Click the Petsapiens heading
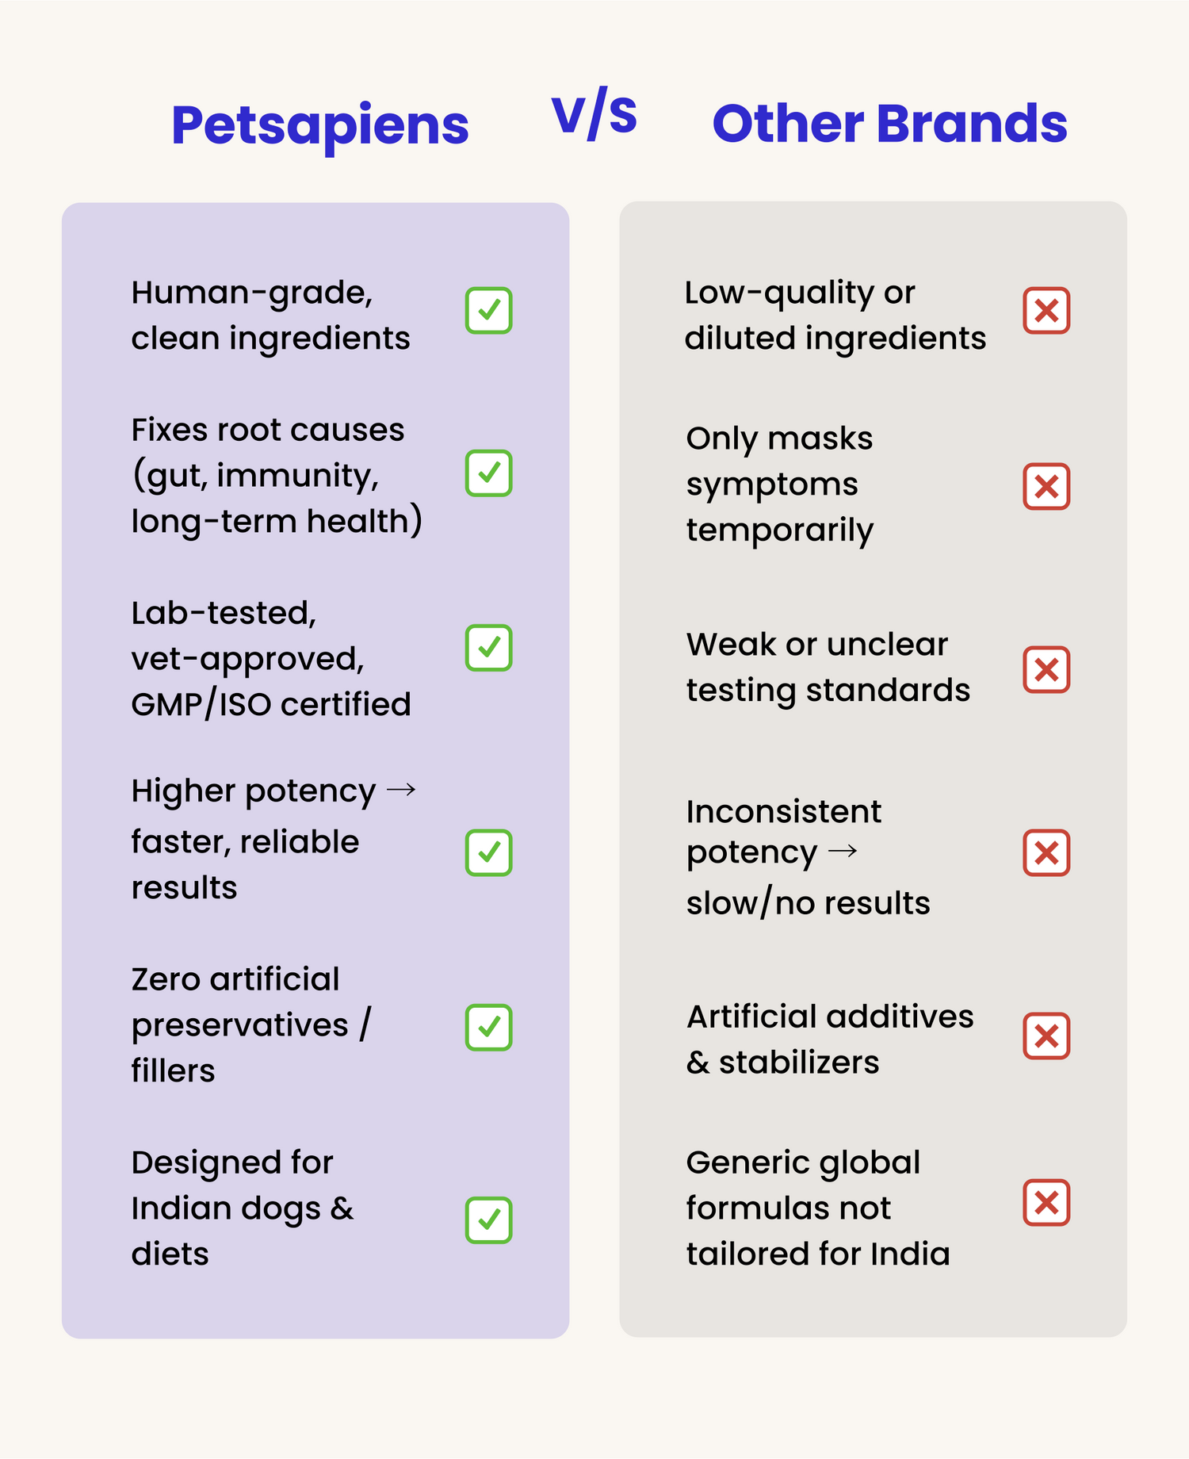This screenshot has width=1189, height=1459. coord(319,126)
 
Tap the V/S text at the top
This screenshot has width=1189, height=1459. coord(594,116)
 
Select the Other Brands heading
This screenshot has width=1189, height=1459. coord(889,124)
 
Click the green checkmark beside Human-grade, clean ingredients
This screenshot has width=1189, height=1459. coord(488,310)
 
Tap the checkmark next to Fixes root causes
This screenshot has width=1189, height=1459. coord(488,473)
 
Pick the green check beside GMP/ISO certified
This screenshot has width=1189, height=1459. coord(488,648)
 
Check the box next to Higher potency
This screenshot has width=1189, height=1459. coord(488,852)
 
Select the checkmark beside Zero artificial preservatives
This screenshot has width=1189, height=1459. coord(488,1028)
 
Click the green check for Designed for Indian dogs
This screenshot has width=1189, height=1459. coord(488,1220)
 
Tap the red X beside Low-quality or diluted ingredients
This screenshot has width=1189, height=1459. coord(1046,310)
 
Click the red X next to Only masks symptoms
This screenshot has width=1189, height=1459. coord(1046,486)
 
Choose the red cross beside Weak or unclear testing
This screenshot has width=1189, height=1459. coord(1046,669)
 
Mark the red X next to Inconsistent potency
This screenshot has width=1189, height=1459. coord(1046,852)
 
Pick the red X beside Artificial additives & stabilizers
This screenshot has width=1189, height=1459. coord(1046,1036)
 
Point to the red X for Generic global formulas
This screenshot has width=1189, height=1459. coord(1046,1203)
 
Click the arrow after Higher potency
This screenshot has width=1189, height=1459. coord(401,790)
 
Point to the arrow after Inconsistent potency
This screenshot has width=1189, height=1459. coord(842,852)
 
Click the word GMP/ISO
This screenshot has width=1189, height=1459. coord(201,705)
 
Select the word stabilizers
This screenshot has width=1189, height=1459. coord(799,1063)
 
